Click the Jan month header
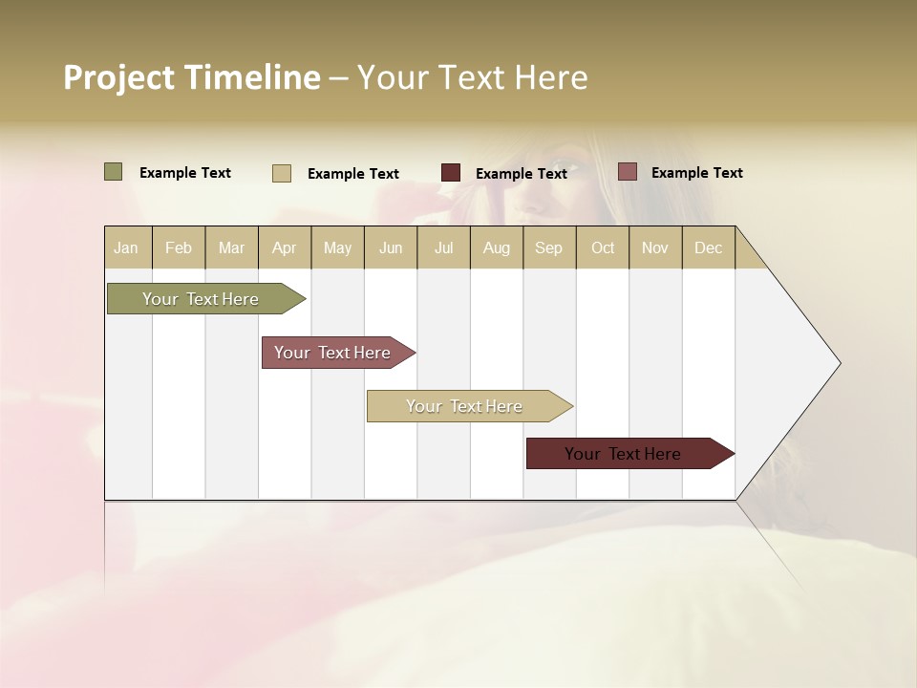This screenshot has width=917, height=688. pyautogui.click(x=126, y=247)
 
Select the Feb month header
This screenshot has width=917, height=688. pyautogui.click(x=179, y=247)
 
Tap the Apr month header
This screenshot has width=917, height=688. pyautogui.click(x=284, y=247)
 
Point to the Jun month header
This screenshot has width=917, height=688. pyautogui.click(x=391, y=247)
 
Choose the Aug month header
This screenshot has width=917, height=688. pyautogui.click(x=496, y=247)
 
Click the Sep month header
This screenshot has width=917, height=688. pyautogui.click(x=548, y=247)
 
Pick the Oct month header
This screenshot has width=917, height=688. pyautogui.click(x=603, y=247)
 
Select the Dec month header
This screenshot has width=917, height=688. pyautogui.click(x=708, y=247)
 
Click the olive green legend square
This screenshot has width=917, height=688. pyautogui.click(x=114, y=172)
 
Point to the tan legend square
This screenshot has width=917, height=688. pyautogui.click(x=282, y=173)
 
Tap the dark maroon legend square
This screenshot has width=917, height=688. pyautogui.click(x=451, y=173)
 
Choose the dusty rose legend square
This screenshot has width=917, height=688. pyautogui.click(x=627, y=172)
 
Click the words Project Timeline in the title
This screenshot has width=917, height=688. pyautogui.click(x=191, y=77)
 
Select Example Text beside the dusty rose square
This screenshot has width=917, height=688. pyautogui.click(x=696, y=173)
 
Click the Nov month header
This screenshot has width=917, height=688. pyautogui.click(x=655, y=247)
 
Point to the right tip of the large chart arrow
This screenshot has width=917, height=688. pyautogui.click(x=839, y=363)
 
